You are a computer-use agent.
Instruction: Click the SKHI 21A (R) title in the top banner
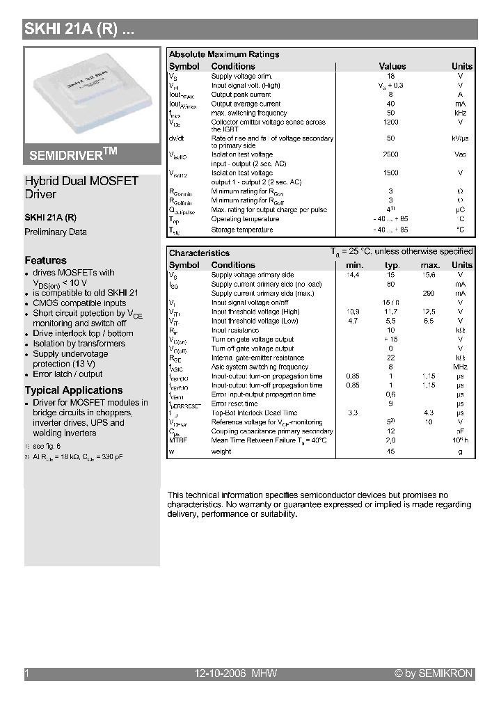[x=75, y=29]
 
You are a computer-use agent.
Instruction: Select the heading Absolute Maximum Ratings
[x=224, y=54]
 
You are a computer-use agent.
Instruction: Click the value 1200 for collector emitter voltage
[x=390, y=122]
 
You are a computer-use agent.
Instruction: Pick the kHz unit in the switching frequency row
[x=460, y=113]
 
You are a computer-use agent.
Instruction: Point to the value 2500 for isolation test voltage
[x=390, y=154]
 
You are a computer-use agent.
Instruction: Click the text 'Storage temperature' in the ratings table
[x=242, y=230]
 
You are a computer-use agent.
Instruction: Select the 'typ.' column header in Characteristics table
[x=392, y=265]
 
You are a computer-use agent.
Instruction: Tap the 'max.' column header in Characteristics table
[x=430, y=265]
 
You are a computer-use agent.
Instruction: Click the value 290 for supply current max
[x=429, y=294]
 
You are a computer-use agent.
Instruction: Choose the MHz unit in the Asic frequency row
[x=460, y=367]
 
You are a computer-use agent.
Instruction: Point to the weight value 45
[x=390, y=451]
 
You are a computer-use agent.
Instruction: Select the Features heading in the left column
[x=46, y=260]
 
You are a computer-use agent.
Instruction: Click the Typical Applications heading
[x=74, y=390]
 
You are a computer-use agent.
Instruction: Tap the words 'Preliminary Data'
[x=56, y=232]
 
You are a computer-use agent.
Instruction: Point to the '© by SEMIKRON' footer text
[x=433, y=673]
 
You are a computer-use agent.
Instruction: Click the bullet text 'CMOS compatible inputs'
[x=79, y=303]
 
